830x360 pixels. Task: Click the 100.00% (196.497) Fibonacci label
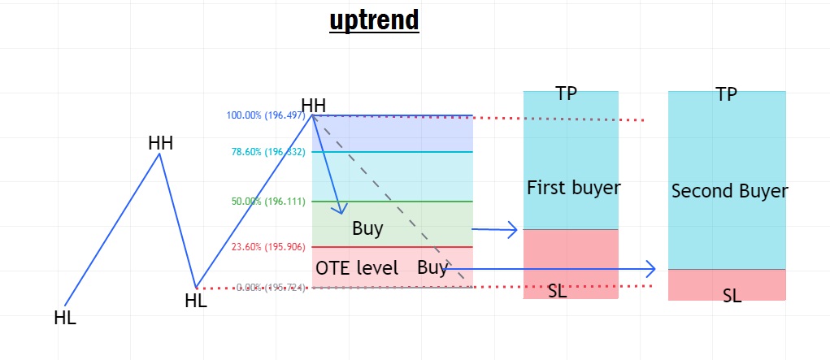pos(266,115)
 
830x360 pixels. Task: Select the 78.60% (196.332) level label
pos(267,152)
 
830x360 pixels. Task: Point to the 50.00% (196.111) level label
pos(267,202)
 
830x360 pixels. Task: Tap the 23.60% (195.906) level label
pos(267,247)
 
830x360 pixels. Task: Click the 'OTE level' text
pos(356,268)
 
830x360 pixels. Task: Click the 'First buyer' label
pos(574,188)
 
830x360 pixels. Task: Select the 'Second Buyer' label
pos(729,192)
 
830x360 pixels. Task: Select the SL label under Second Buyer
pos(732,296)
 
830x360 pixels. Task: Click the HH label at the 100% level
pos(314,105)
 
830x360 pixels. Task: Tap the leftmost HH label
pos(160,143)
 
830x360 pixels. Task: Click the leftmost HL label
pos(65,318)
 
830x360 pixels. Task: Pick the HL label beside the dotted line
pos(196,300)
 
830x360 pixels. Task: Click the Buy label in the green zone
pos(367,228)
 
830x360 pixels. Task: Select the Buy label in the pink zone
pos(432,267)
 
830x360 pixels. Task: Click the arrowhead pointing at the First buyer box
pos(514,230)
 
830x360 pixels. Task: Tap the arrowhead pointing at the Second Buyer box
pos(650,267)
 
